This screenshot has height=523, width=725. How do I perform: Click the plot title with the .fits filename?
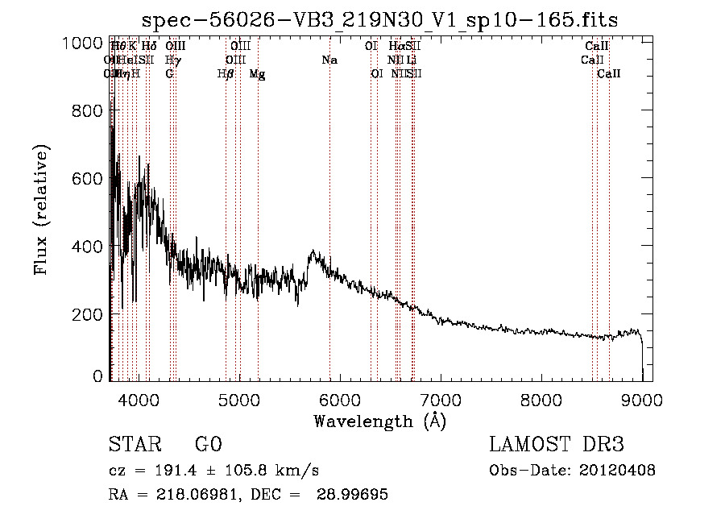[380, 19]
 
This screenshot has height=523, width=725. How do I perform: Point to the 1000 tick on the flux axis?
[83, 44]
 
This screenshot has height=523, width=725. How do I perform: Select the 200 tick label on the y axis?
[83, 313]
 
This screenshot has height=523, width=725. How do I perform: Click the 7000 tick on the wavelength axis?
[441, 399]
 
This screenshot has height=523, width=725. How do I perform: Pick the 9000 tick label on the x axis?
[642, 399]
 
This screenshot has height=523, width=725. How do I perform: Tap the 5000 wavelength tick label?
[238, 399]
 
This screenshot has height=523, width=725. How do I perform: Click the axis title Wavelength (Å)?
[380, 421]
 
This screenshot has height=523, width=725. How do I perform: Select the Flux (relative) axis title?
[42, 210]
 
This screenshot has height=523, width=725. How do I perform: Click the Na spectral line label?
[329, 60]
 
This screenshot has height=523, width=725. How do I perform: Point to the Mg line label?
[258, 74]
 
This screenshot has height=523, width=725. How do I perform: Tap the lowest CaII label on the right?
[609, 74]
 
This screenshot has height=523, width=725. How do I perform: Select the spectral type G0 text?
[208, 445]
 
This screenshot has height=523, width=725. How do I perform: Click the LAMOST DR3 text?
[557, 445]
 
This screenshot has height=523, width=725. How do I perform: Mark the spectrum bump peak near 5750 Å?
[313, 252]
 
